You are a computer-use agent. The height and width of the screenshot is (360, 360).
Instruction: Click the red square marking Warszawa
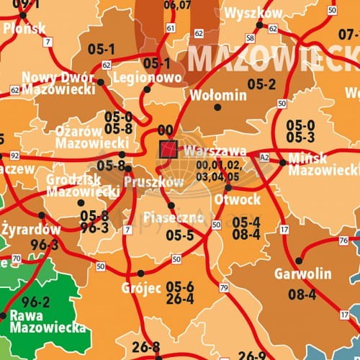pos(168,149)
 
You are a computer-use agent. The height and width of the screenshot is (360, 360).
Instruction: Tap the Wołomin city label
pos(217,94)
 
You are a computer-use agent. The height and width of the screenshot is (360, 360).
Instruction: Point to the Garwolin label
pos(302,274)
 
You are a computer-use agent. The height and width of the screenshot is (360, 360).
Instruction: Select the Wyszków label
pos(253,14)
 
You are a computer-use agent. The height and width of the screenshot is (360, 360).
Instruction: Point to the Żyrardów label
pos(31,230)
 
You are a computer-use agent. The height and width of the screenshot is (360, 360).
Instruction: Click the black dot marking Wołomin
pos(217,107)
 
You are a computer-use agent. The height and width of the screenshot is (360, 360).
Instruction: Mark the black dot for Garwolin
pos(299,261)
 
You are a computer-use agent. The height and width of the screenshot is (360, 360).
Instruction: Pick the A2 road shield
pos(264,157)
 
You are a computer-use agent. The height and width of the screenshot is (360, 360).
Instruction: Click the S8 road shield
pos(250,37)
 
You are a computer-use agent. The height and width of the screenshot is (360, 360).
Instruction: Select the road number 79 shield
pos(224,288)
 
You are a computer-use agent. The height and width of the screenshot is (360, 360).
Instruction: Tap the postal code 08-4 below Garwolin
pos(302,294)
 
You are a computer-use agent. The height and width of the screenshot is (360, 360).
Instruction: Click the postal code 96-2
pos(36,302)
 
